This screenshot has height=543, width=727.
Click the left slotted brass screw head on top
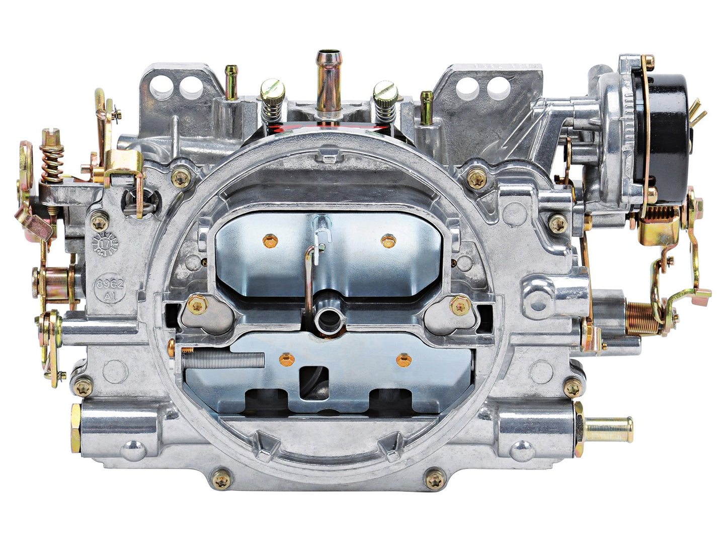pyautogui.click(x=272, y=91)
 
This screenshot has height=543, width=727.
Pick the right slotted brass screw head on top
pyautogui.click(x=385, y=91)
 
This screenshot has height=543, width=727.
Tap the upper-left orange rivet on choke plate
pyautogui.click(x=270, y=242)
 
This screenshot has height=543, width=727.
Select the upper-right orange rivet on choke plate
pyautogui.click(x=388, y=241)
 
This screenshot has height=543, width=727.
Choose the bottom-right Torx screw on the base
pyautogui.click(x=435, y=479)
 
